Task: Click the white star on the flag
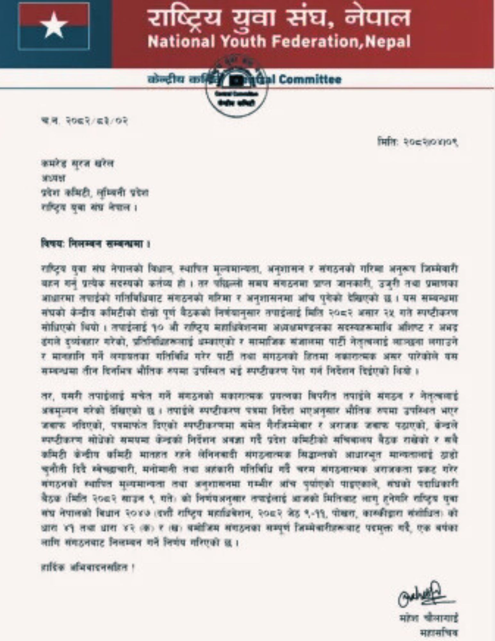pos(54,25)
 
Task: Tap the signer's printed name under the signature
pos(429,617)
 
